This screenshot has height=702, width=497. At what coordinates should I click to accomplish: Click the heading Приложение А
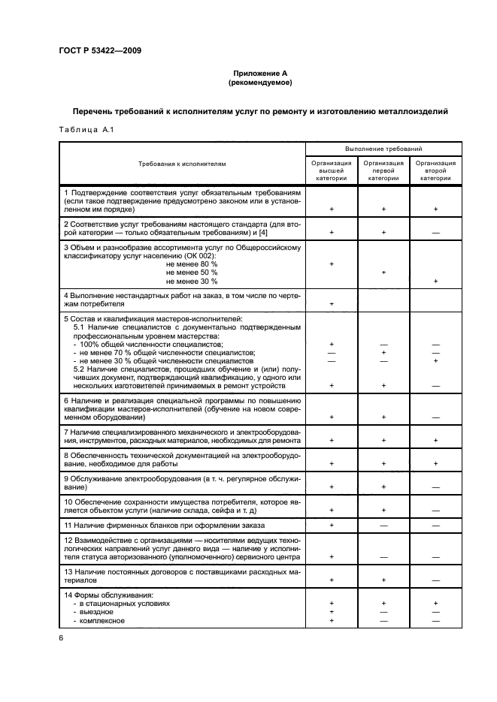pyautogui.click(x=260, y=73)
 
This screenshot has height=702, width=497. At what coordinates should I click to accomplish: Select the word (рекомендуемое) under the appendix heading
pyautogui.click(x=260, y=82)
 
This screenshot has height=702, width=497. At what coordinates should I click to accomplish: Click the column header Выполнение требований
pyautogui.click(x=383, y=149)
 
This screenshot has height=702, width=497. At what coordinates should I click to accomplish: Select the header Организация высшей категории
pyautogui.click(x=332, y=170)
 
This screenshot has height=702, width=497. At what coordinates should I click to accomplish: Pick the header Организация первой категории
pyautogui.click(x=383, y=170)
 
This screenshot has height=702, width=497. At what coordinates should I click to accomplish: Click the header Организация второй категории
pyautogui.click(x=435, y=170)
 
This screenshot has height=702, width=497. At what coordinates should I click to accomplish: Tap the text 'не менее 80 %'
pyautogui.click(x=192, y=264)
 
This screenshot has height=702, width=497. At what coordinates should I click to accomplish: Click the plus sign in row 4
pyautogui.click(x=332, y=304)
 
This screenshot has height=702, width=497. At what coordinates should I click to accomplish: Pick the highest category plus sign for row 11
pyautogui.click(x=332, y=525)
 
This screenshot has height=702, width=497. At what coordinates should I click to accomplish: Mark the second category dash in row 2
pyautogui.click(x=435, y=233)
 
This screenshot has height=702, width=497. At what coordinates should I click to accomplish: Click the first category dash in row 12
pyautogui.click(x=383, y=557)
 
